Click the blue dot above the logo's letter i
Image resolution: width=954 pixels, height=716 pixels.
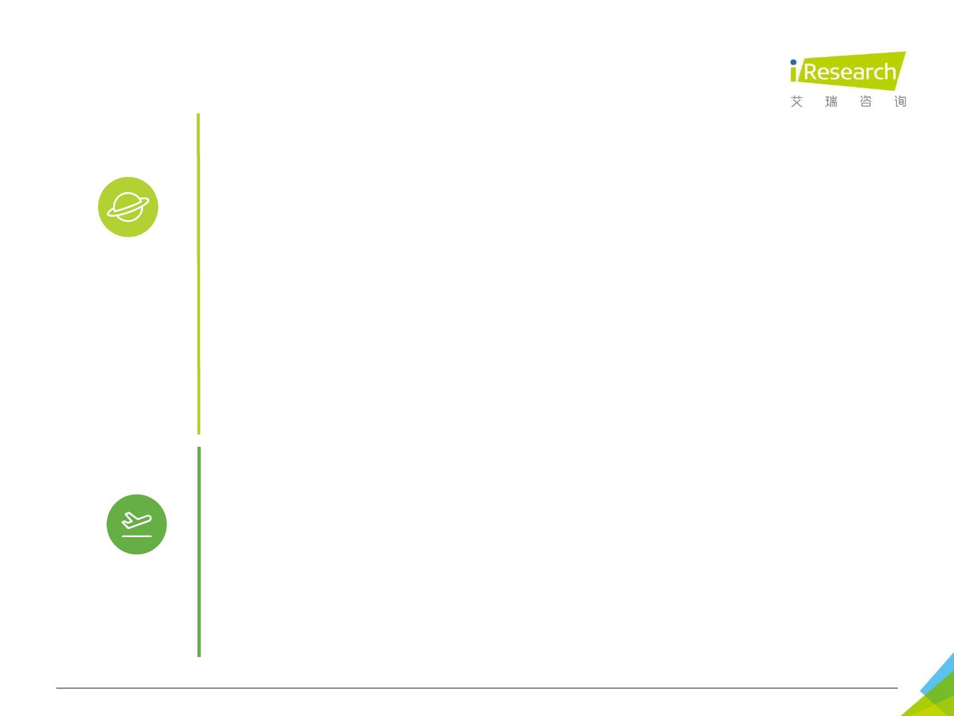coord(793,63)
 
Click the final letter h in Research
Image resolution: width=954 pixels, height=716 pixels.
coord(889,71)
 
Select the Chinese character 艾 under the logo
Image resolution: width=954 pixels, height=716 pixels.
coord(796,101)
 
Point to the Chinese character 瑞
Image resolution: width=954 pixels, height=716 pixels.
coord(831,101)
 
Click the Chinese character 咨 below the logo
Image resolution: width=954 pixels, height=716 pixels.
coord(866,101)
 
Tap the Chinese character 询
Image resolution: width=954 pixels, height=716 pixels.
coord(900,101)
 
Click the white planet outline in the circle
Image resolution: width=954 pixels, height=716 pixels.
coord(128,207)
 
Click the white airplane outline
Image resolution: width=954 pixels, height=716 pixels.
coord(137,522)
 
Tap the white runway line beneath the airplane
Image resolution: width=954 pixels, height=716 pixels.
coord(136,535)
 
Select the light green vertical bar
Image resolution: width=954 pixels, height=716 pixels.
coord(198,273)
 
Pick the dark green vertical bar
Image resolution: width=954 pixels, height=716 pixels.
coord(199,552)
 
